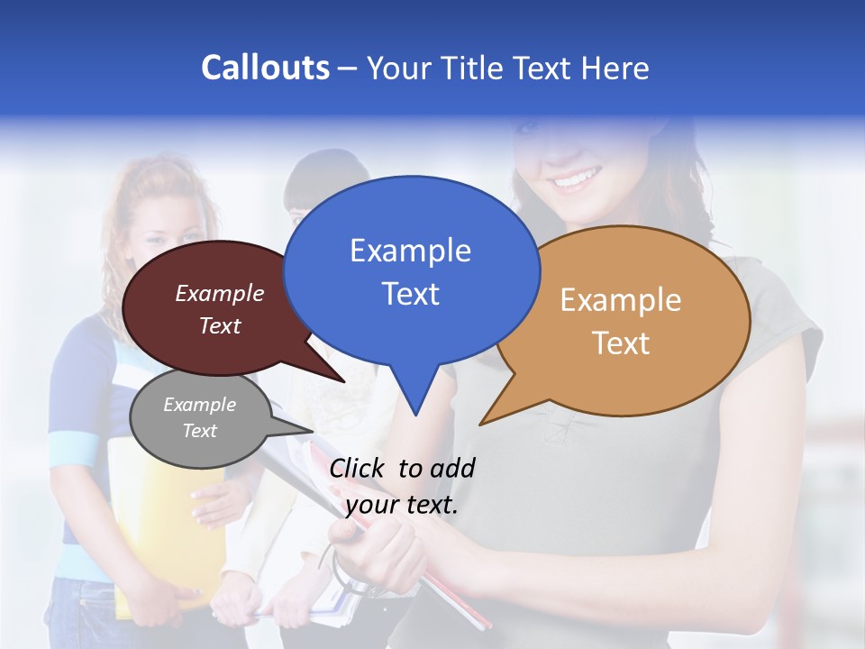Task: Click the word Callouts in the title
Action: (x=265, y=68)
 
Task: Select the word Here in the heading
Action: (x=615, y=69)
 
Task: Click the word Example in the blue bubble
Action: (x=410, y=251)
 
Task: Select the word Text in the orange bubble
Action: (x=621, y=343)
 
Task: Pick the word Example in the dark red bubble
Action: (x=220, y=294)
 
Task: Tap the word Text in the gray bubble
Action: (x=200, y=431)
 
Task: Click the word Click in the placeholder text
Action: (x=358, y=468)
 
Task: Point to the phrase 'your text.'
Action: (x=402, y=506)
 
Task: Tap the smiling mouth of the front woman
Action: (x=573, y=178)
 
